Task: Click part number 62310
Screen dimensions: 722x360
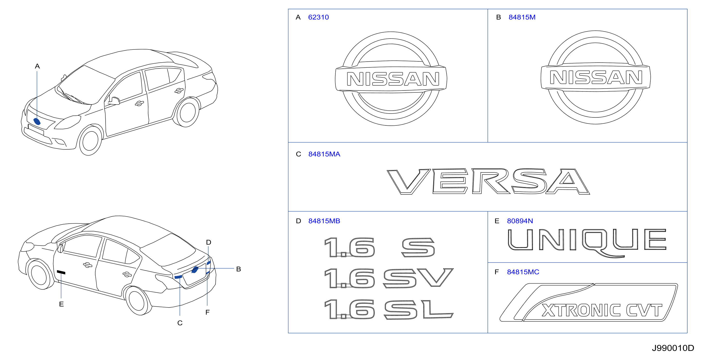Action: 318,17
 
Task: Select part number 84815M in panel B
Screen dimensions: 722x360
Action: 522,17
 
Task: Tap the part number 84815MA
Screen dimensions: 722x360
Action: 324,154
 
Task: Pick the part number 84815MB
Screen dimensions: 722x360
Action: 324,221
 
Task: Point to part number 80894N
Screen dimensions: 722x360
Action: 520,221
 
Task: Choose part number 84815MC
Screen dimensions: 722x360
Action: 523,272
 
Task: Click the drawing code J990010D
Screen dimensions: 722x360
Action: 673,348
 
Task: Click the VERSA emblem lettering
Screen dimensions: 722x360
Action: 488,181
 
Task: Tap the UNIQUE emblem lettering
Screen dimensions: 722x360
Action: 587,243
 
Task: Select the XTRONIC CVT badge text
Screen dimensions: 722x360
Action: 602,311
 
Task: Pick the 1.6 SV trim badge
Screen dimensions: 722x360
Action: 389,278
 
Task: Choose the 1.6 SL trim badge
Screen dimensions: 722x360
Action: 389,309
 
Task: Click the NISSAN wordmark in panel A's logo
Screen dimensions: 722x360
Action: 393,79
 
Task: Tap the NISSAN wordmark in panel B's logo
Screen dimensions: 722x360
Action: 596,77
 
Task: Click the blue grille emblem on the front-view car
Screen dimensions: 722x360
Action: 37,121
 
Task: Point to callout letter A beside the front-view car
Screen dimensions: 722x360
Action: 37,66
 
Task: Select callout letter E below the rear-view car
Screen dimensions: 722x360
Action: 61,304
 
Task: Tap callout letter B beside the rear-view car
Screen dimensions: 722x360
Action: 239,269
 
